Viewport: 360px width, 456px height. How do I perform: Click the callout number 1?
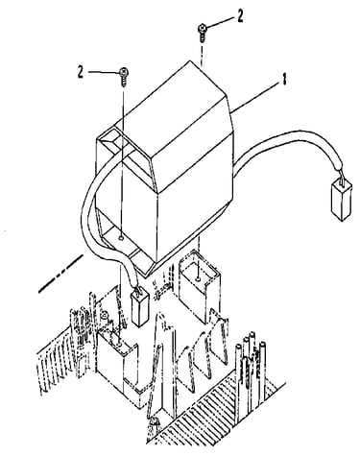(283, 79)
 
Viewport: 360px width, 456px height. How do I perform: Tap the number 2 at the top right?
(240, 16)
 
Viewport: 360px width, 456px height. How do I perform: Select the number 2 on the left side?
(81, 72)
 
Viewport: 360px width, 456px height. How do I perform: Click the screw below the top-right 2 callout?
(203, 33)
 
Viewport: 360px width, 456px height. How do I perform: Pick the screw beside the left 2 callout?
(123, 76)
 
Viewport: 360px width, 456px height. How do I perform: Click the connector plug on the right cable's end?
(341, 200)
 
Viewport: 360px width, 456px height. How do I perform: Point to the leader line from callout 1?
(254, 97)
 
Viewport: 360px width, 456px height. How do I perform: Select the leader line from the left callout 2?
(104, 72)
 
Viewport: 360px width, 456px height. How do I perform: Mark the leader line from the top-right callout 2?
(222, 22)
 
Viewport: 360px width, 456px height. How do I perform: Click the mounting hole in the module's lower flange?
(121, 237)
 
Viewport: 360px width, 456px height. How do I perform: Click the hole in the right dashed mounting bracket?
(199, 279)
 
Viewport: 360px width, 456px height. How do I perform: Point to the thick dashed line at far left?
(60, 274)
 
